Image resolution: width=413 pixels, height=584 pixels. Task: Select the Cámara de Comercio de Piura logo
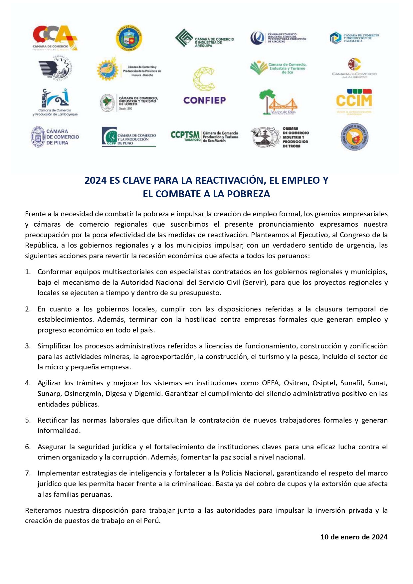tap(55, 137)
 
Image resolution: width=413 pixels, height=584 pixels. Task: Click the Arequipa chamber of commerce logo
tap(204, 38)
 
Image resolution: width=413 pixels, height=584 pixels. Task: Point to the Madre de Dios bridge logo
tap(278, 102)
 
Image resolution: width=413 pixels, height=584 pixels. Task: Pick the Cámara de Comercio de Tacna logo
tap(280, 137)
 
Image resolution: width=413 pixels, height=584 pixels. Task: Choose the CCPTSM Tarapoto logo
tap(204, 136)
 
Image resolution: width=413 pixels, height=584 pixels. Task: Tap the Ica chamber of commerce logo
tap(278, 68)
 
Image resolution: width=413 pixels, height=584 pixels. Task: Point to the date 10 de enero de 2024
tap(354, 537)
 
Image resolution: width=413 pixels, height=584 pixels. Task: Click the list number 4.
tap(28, 383)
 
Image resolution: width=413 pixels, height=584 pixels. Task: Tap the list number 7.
tap(28, 473)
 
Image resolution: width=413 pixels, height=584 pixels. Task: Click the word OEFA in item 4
tap(270, 383)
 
